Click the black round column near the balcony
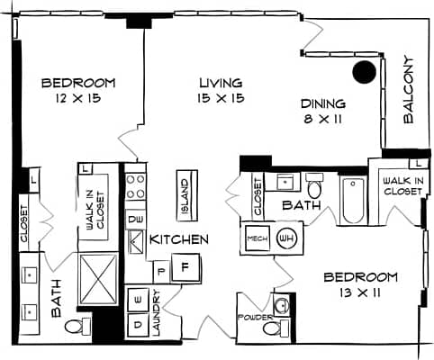point(364,72)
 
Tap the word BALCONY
point(408,90)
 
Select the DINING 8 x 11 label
point(322,110)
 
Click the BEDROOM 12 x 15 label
point(78,90)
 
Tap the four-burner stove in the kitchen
point(136,188)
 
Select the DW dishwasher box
point(136,218)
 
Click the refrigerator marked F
point(185,267)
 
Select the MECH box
point(255,239)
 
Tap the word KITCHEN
point(179,240)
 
